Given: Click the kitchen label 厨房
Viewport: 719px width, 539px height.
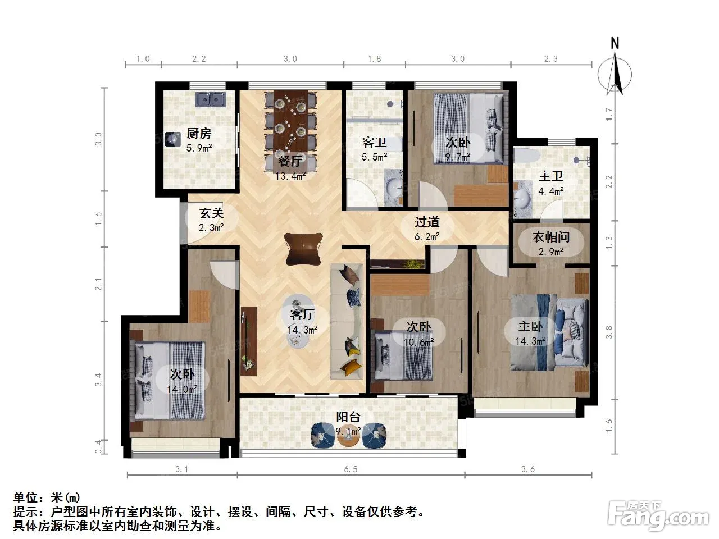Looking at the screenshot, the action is tap(199, 134).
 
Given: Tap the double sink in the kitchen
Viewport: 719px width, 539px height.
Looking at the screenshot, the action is tap(210, 99).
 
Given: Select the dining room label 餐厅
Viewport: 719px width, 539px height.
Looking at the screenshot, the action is tap(290, 161).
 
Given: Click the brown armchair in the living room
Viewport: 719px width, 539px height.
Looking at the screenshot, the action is tap(303, 249).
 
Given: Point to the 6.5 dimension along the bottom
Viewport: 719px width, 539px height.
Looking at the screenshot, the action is tap(351, 469).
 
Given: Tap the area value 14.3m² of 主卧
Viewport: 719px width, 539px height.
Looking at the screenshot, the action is tap(530, 341).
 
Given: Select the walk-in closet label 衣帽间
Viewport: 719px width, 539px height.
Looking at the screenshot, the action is tap(551, 237).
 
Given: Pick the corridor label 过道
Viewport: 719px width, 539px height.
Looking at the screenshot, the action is tap(427, 222).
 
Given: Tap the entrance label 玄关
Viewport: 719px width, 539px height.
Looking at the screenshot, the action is tap(211, 213).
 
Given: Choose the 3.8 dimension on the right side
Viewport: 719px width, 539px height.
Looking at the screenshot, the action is tap(608, 332).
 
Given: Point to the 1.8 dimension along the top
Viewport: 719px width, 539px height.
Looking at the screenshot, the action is tap(374, 58).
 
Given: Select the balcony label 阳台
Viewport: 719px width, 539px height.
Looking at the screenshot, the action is tap(348, 417).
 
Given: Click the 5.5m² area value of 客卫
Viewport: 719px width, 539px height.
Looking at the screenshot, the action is tap(375, 157).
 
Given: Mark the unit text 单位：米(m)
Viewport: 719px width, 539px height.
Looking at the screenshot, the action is tap(47, 498).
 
